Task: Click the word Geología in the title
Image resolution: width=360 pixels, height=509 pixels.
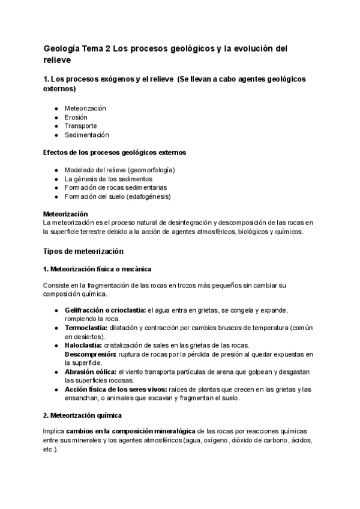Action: (62, 49)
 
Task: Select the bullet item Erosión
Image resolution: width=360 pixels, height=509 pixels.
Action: (76, 117)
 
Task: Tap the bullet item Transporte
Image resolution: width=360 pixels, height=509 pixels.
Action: (80, 126)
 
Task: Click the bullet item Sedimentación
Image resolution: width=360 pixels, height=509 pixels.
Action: (86, 135)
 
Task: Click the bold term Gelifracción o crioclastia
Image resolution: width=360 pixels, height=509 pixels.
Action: (105, 310)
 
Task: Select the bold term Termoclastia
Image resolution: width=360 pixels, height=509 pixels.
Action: (86, 328)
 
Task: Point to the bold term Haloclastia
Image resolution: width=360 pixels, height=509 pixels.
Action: (83, 346)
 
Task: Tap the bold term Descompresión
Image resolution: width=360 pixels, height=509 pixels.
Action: (89, 355)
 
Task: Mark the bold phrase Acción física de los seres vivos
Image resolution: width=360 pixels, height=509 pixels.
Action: (112, 390)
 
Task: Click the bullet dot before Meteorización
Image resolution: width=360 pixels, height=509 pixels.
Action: (56, 109)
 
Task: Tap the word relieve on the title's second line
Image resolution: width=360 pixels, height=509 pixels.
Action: (58, 61)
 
